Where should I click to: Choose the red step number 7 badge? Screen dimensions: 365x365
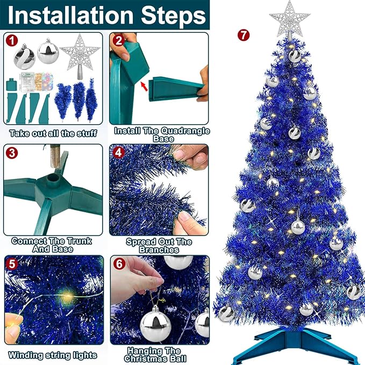tap(244, 35)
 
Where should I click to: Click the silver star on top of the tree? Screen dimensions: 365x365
tap(290, 19)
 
